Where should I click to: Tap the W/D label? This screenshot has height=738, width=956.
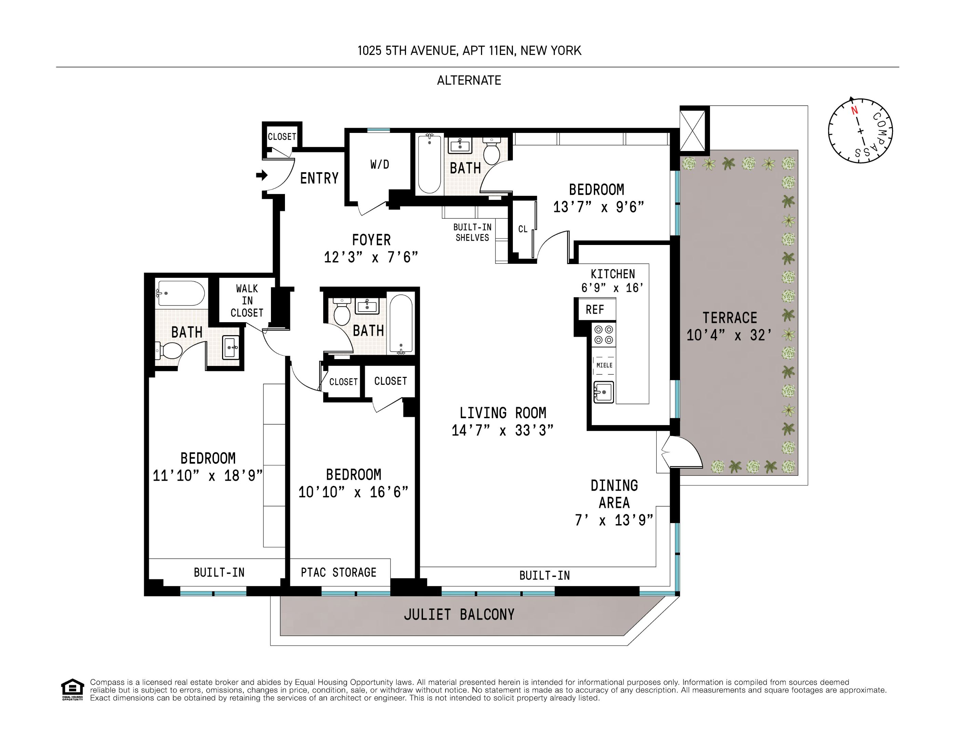click(x=380, y=165)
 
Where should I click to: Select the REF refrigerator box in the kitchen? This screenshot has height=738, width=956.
click(x=595, y=310)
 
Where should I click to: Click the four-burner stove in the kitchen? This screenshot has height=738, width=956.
click(x=603, y=335)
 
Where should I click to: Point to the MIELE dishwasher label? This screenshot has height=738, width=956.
click(x=604, y=365)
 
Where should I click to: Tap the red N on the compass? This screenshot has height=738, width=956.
click(x=854, y=111)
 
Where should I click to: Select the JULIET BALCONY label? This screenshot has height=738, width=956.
click(x=459, y=615)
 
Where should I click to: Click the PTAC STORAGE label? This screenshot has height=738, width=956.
click(x=338, y=573)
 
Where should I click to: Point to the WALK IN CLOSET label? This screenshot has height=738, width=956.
click(x=247, y=301)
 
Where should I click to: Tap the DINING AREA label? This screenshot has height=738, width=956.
click(x=614, y=494)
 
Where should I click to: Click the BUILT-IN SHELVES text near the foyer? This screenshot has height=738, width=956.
click(x=472, y=232)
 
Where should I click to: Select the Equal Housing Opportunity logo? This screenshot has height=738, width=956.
click(x=72, y=689)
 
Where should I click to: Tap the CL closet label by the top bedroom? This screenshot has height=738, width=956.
click(x=523, y=229)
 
